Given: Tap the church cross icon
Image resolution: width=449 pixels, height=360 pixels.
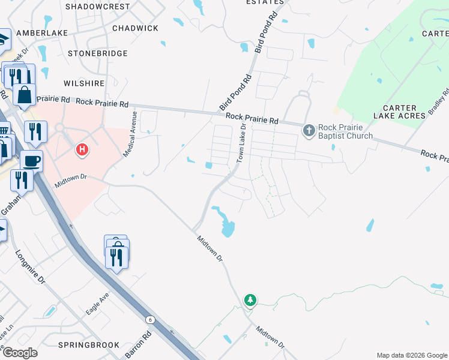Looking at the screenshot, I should click(x=309, y=130).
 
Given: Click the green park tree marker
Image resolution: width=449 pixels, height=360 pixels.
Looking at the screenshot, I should click(x=250, y=299).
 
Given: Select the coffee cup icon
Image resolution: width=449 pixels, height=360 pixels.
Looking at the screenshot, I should click(x=31, y=161).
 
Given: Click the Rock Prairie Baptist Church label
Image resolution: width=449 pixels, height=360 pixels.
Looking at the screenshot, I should click(x=345, y=131).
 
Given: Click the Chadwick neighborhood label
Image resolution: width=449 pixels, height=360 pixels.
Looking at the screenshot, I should click(x=135, y=28).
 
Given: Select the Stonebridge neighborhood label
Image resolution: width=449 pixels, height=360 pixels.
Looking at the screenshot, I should click(x=98, y=53).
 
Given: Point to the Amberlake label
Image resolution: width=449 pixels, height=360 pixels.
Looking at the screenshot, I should click(x=42, y=32).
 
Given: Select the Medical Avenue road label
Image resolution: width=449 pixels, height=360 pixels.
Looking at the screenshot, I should click(x=130, y=134).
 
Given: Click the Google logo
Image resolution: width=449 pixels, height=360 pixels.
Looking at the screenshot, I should click(x=19, y=352).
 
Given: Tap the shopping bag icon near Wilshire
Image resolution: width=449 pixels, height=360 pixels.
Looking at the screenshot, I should click(x=25, y=95).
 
